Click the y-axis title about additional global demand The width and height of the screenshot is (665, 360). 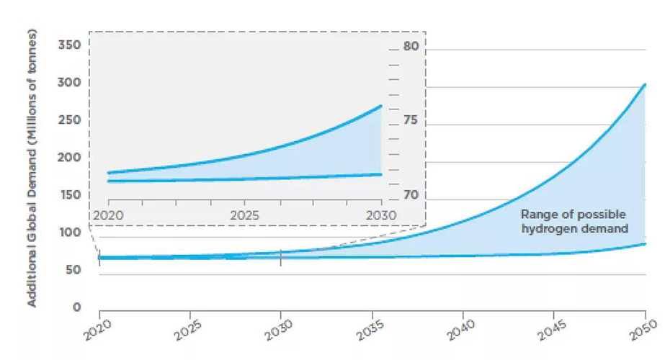(33, 169)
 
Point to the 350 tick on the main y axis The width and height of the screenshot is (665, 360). (69, 45)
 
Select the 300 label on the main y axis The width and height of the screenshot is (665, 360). (69, 83)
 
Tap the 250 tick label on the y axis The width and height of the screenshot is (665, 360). (69, 120)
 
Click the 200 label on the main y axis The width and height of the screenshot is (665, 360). (69, 158)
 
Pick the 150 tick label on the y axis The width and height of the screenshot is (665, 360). (69, 195)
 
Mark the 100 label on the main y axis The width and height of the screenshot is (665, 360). (69, 233)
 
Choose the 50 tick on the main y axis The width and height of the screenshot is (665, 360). (73, 270)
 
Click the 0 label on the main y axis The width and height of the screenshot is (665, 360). (77, 307)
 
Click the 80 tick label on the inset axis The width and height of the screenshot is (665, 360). (411, 47)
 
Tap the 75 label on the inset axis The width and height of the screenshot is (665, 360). (411, 120)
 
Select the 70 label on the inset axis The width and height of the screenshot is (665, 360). (411, 194)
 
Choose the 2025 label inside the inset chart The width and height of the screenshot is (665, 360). (245, 215)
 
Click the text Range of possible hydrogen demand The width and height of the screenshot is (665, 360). (574, 222)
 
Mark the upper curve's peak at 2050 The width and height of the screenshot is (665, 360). (644, 84)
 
